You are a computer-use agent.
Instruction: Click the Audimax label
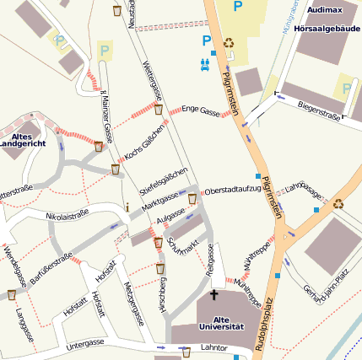click(326, 9)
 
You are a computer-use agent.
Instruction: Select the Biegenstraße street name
click(319, 108)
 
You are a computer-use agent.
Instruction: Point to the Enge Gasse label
click(201, 110)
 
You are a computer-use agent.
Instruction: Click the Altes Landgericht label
click(22, 140)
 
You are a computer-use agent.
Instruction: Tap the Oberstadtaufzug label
click(233, 190)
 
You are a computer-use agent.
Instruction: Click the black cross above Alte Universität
click(213, 295)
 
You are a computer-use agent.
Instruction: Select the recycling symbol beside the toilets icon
click(229, 43)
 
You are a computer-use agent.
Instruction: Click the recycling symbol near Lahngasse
click(338, 202)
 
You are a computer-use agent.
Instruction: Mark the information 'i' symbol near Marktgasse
click(127, 207)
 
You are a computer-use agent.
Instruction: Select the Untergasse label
click(84, 343)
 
